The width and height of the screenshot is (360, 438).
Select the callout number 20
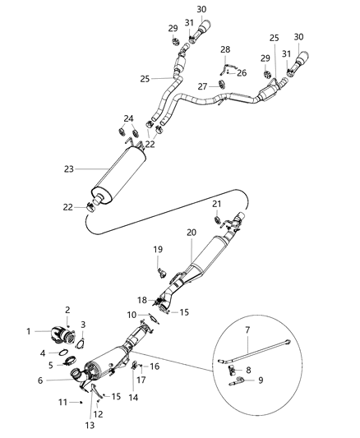coord(191,233)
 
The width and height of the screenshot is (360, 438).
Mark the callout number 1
coord(29,331)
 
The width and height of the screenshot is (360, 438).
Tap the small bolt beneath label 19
coord(160,266)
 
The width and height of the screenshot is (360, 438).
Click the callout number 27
coord(201,85)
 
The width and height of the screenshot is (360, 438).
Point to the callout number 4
coord(43,353)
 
